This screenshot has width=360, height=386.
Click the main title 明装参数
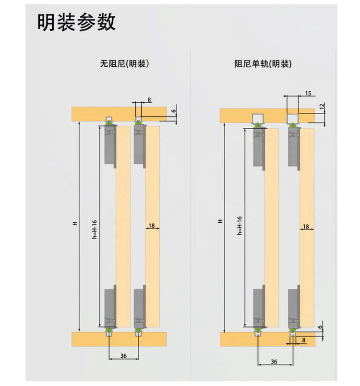[x=77, y=22]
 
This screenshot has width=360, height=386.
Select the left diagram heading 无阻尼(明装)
[x=124, y=63]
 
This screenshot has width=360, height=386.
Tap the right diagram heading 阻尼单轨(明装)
[x=263, y=63]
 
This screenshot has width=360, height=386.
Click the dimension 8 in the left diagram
[x=149, y=100]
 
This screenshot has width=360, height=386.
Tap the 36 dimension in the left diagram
[x=123, y=356]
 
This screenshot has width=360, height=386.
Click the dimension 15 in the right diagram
[x=308, y=93]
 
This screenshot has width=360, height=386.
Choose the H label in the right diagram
[x=220, y=221]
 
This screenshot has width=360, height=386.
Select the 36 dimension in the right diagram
[x=274, y=361]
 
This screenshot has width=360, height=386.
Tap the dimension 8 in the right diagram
[x=303, y=340]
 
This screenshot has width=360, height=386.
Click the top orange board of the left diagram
[x=89, y=114]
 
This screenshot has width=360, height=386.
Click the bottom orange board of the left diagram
[x=89, y=338]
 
